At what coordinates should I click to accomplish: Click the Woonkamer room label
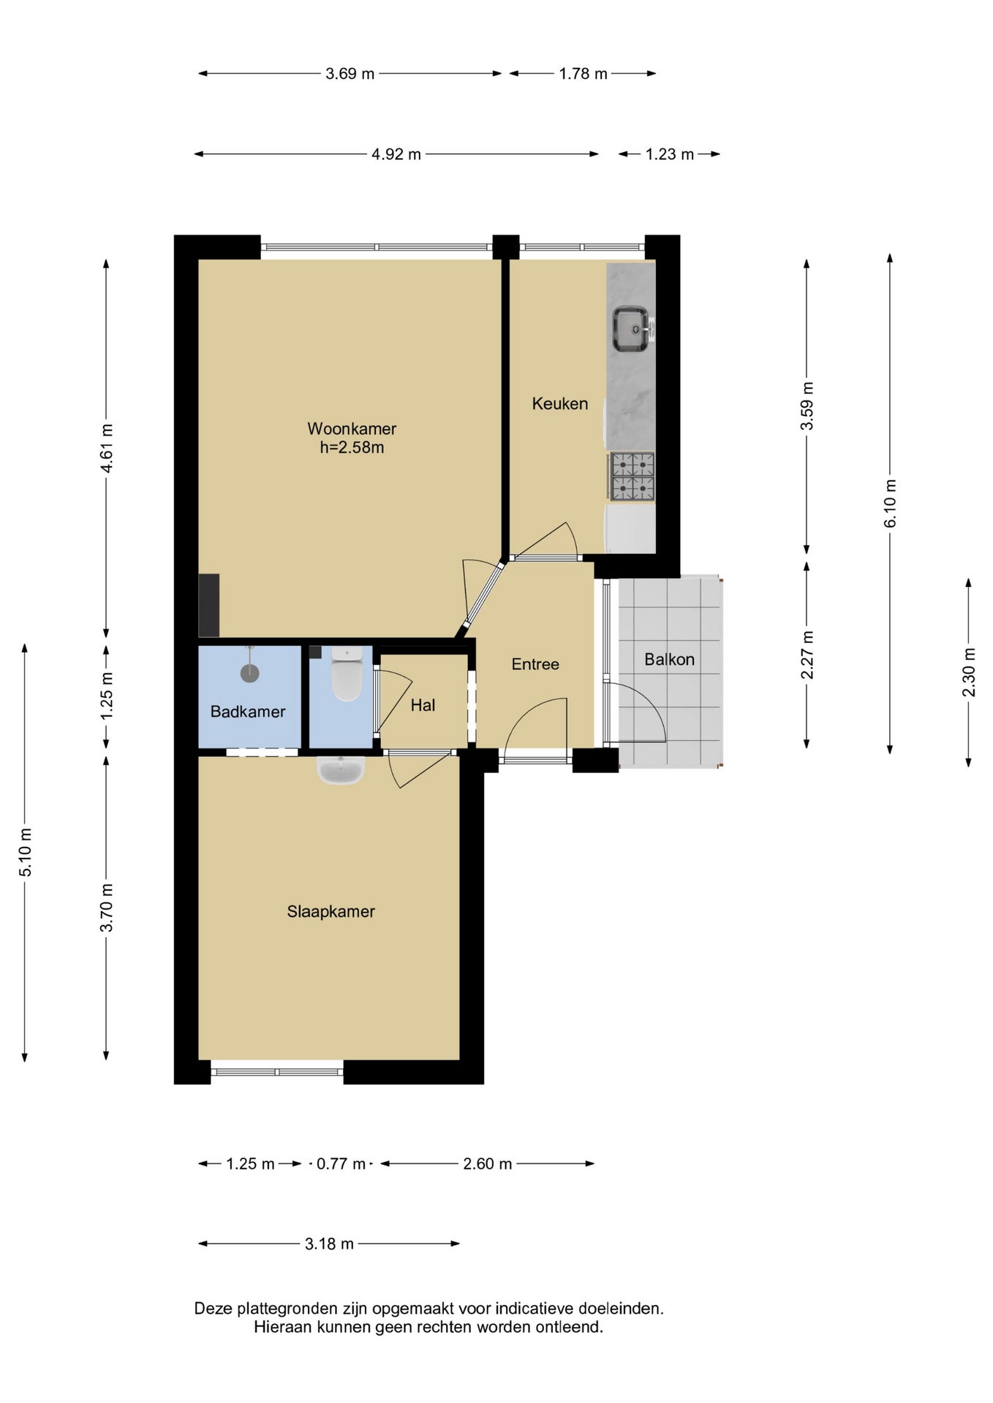click(x=352, y=429)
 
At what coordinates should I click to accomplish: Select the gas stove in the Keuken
click(x=632, y=476)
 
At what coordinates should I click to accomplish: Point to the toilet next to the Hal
click(x=347, y=673)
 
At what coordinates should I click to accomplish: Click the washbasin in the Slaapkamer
click(x=341, y=769)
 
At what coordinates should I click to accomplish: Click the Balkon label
click(x=669, y=659)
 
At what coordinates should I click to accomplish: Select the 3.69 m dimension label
click(x=350, y=74)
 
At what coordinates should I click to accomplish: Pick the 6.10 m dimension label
click(x=890, y=503)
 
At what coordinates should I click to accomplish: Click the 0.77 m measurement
click(x=341, y=1164)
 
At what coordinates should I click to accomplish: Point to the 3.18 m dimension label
click(x=329, y=1244)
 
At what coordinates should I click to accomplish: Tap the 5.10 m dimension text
click(x=25, y=852)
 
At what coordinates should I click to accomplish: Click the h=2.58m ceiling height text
click(x=352, y=448)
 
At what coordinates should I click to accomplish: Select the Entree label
click(x=535, y=664)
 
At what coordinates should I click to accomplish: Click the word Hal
click(x=423, y=705)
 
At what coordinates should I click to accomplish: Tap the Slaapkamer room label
click(x=331, y=912)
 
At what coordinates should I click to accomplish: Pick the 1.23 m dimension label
click(x=670, y=154)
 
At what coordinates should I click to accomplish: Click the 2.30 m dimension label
click(x=969, y=672)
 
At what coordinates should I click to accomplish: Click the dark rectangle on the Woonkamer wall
click(x=209, y=605)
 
